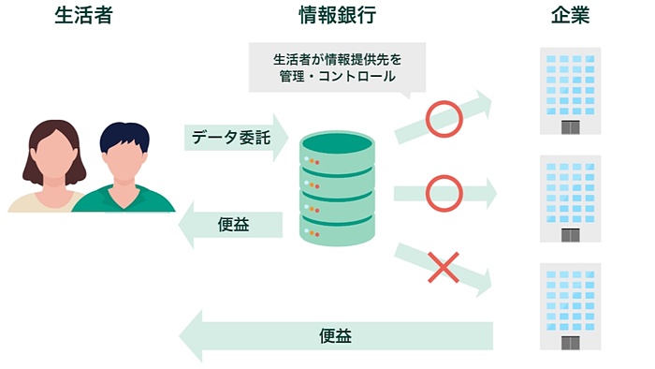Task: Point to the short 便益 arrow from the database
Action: [x=233, y=225]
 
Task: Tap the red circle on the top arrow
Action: [x=444, y=117]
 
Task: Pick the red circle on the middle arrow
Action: [x=444, y=193]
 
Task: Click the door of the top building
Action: [x=570, y=127]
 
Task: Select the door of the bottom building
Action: [x=570, y=342]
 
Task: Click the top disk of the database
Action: [x=336, y=145]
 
